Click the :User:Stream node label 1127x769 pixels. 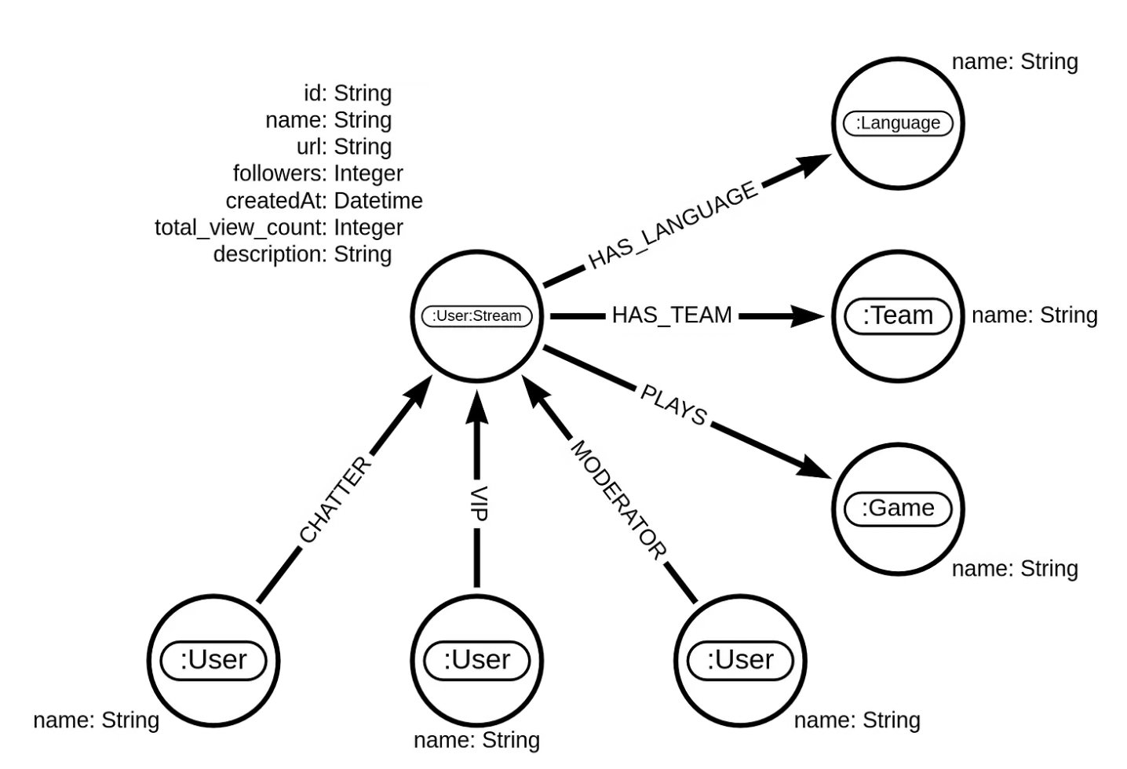[476, 316]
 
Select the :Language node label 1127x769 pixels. [897, 123]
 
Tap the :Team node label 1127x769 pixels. [897, 315]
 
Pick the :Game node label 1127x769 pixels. [897, 508]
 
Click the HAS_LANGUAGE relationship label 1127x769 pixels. [673, 225]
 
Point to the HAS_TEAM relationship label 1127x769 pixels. [671, 315]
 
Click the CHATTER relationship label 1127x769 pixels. [334, 500]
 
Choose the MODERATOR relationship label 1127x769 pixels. [618, 500]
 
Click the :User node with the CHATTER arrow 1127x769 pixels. [213, 660]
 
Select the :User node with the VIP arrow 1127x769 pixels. [476, 660]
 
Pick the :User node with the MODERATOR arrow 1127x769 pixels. [740, 660]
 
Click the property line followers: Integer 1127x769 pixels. [318, 173]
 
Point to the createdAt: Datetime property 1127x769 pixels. [323, 201]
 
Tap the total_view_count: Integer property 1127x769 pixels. [279, 228]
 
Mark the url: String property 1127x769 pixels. [344, 147]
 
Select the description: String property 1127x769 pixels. [302, 254]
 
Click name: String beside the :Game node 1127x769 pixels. [1014, 569]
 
